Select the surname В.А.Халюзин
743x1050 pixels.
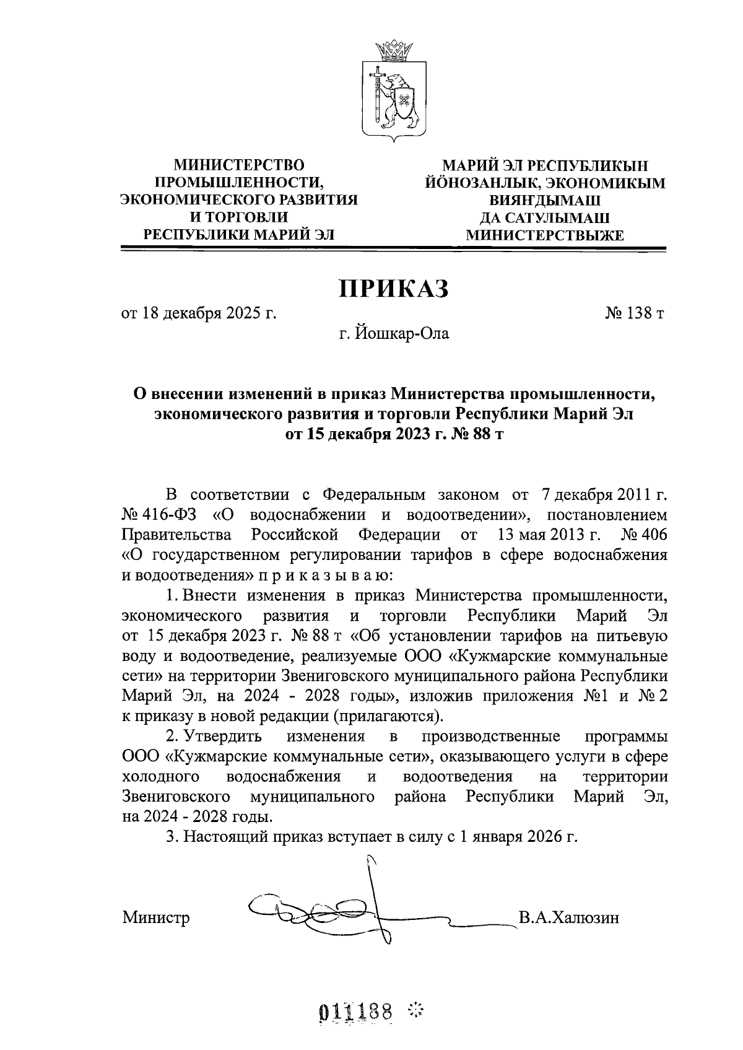tap(569, 917)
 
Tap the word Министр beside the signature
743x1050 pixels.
tap(156, 917)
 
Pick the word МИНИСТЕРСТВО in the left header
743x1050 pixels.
tap(239, 165)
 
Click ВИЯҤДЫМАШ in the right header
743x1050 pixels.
tap(545, 201)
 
